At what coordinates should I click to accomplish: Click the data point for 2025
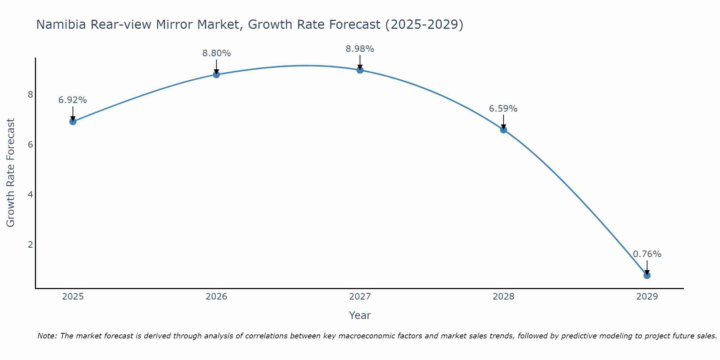pyautogui.click(x=73, y=121)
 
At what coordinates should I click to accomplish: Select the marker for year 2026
pyautogui.click(x=216, y=75)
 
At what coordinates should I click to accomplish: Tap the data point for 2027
pyautogui.click(x=360, y=70)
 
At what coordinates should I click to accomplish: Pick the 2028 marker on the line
pyautogui.click(x=503, y=130)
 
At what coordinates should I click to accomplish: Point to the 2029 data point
pyautogui.click(x=647, y=275)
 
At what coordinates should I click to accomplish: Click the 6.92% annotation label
pyautogui.click(x=73, y=100)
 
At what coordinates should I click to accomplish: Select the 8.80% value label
pyautogui.click(x=216, y=53)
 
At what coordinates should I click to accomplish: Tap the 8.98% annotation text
pyautogui.click(x=360, y=49)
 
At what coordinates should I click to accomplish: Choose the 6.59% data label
pyautogui.click(x=503, y=108)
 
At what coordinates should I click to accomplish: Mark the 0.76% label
pyautogui.click(x=647, y=254)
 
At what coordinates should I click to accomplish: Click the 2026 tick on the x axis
pyautogui.click(x=216, y=297)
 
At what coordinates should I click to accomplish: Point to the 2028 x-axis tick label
pyautogui.click(x=503, y=297)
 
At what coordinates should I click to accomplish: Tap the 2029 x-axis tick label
pyautogui.click(x=647, y=297)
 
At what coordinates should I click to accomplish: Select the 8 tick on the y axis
pyautogui.click(x=30, y=95)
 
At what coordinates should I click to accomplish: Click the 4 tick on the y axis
pyautogui.click(x=30, y=195)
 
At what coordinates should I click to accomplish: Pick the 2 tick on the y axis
pyautogui.click(x=30, y=245)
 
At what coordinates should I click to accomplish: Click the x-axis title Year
pyautogui.click(x=360, y=315)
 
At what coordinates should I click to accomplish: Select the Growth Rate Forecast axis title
pyautogui.click(x=11, y=173)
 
